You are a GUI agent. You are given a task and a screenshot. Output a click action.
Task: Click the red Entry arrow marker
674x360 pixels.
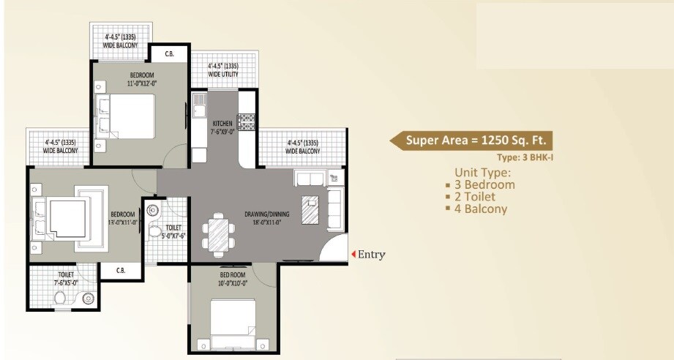point(353,255)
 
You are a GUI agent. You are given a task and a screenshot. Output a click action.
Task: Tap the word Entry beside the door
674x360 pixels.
point(371,255)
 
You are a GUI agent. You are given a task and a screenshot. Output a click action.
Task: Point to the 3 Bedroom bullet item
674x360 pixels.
point(480,184)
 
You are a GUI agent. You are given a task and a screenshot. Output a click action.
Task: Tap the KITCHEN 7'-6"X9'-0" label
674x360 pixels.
point(222,127)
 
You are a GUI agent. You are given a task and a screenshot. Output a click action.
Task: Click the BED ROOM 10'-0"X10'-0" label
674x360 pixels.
point(233,279)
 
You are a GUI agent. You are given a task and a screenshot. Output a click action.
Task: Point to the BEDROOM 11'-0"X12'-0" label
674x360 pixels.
point(142,80)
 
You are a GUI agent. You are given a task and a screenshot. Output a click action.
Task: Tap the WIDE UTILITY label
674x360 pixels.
point(223,70)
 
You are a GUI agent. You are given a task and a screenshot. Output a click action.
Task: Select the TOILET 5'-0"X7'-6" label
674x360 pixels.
point(173,232)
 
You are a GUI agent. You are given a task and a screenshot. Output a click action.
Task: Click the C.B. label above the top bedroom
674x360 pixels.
point(169,53)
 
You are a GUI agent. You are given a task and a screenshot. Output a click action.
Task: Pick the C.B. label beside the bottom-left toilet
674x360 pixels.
point(120,271)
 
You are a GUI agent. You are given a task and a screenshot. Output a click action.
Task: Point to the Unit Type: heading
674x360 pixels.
point(479,173)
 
